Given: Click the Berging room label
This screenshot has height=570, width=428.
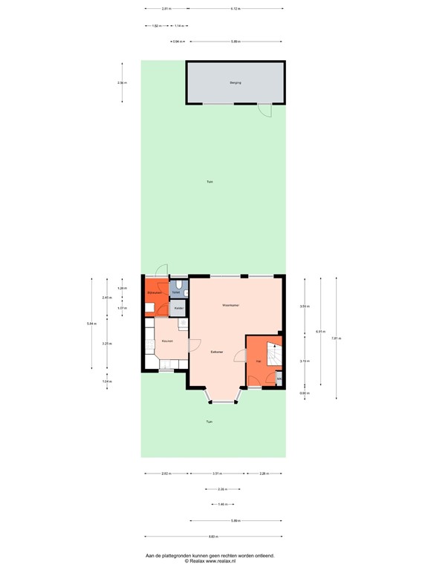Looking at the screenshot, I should click(x=236, y=83).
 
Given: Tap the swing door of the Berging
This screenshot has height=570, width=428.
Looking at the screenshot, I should click(x=264, y=111).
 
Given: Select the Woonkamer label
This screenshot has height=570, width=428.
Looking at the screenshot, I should click(x=230, y=305).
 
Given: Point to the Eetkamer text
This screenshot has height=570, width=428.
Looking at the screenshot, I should click(x=217, y=351).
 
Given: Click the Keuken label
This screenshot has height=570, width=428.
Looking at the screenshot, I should click(x=167, y=341).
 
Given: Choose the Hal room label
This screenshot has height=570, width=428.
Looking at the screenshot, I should click(x=257, y=361).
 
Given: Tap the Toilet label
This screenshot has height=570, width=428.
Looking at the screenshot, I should click(x=175, y=293).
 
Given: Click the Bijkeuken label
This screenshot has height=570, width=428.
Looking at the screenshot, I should click(x=155, y=295).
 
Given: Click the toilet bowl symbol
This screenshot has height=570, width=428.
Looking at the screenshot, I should click(x=180, y=284).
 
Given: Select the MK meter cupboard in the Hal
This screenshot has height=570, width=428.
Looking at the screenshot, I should click(x=279, y=381).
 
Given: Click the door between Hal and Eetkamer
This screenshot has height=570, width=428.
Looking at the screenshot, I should click(x=240, y=357).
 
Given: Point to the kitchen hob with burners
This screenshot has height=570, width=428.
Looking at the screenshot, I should click(x=182, y=324).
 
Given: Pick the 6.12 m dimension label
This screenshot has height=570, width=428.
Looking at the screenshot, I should click(x=235, y=8).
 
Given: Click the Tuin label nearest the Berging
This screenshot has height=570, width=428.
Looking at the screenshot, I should click(x=210, y=182).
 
